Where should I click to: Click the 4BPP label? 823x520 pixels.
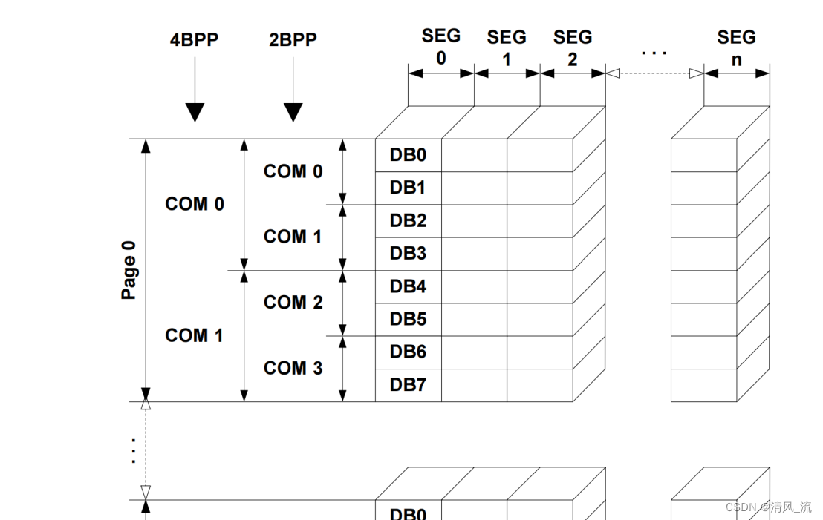195,40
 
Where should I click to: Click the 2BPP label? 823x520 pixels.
293,40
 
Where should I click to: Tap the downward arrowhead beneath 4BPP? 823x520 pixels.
195,112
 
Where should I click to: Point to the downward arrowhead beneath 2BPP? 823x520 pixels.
293,112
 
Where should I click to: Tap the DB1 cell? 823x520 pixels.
408,188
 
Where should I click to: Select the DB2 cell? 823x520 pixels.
408,221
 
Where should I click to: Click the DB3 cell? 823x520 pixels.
408,254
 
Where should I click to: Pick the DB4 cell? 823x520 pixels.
408,286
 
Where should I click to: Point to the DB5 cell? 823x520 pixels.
408,319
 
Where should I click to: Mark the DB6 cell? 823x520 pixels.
408,352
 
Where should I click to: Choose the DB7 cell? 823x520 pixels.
408,385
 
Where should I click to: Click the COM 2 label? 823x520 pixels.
293,303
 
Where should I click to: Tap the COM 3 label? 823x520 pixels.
293,368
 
